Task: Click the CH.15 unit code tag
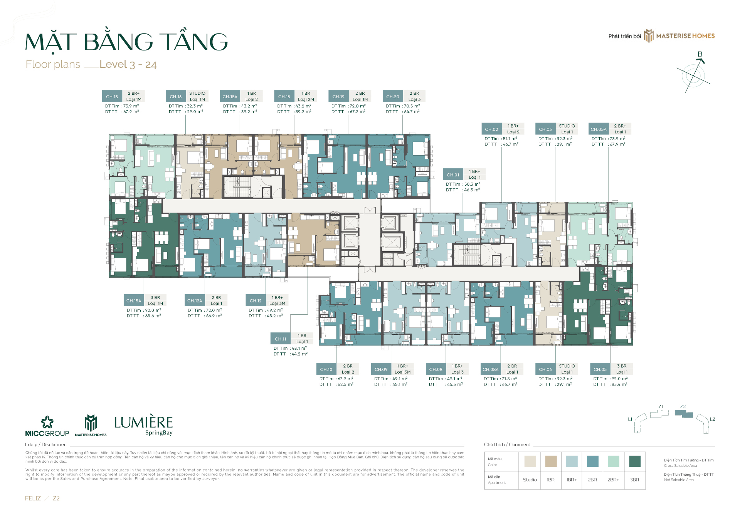(x=112, y=97)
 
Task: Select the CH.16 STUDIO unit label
(x=197, y=94)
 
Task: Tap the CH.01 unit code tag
(x=453, y=175)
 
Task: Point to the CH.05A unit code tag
(x=599, y=129)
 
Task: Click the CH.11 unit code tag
(x=280, y=339)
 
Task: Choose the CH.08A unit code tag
(x=490, y=369)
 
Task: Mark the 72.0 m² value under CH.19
(x=357, y=106)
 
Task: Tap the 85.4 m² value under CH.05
(x=619, y=384)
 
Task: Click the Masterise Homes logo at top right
(x=680, y=36)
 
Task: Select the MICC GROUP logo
(x=47, y=426)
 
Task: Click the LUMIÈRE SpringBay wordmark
(x=143, y=425)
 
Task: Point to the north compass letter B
(x=700, y=54)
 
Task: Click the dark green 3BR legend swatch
(x=634, y=461)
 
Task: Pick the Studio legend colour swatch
(x=530, y=461)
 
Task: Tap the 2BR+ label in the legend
(x=613, y=480)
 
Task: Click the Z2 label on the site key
(x=683, y=406)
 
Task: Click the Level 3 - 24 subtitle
(x=128, y=64)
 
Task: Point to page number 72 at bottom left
(x=56, y=498)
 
